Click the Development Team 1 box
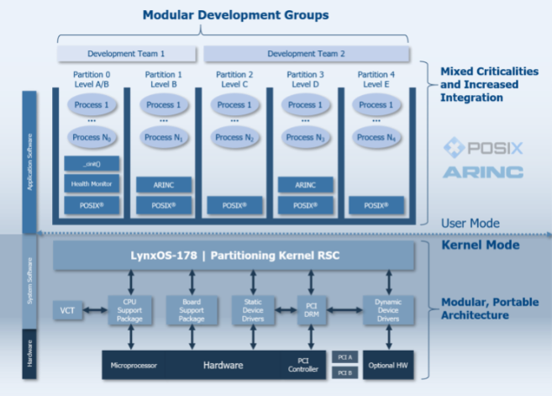point(127,54)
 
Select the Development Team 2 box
point(307,54)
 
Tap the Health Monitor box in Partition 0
point(92,184)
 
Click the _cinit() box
point(92,163)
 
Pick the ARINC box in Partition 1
point(163,184)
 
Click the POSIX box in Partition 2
point(234,204)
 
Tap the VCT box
point(66,310)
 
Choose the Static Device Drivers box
point(253,310)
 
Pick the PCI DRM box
point(312,309)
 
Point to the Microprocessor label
point(134,365)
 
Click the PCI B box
point(344,372)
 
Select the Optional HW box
point(388,365)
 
